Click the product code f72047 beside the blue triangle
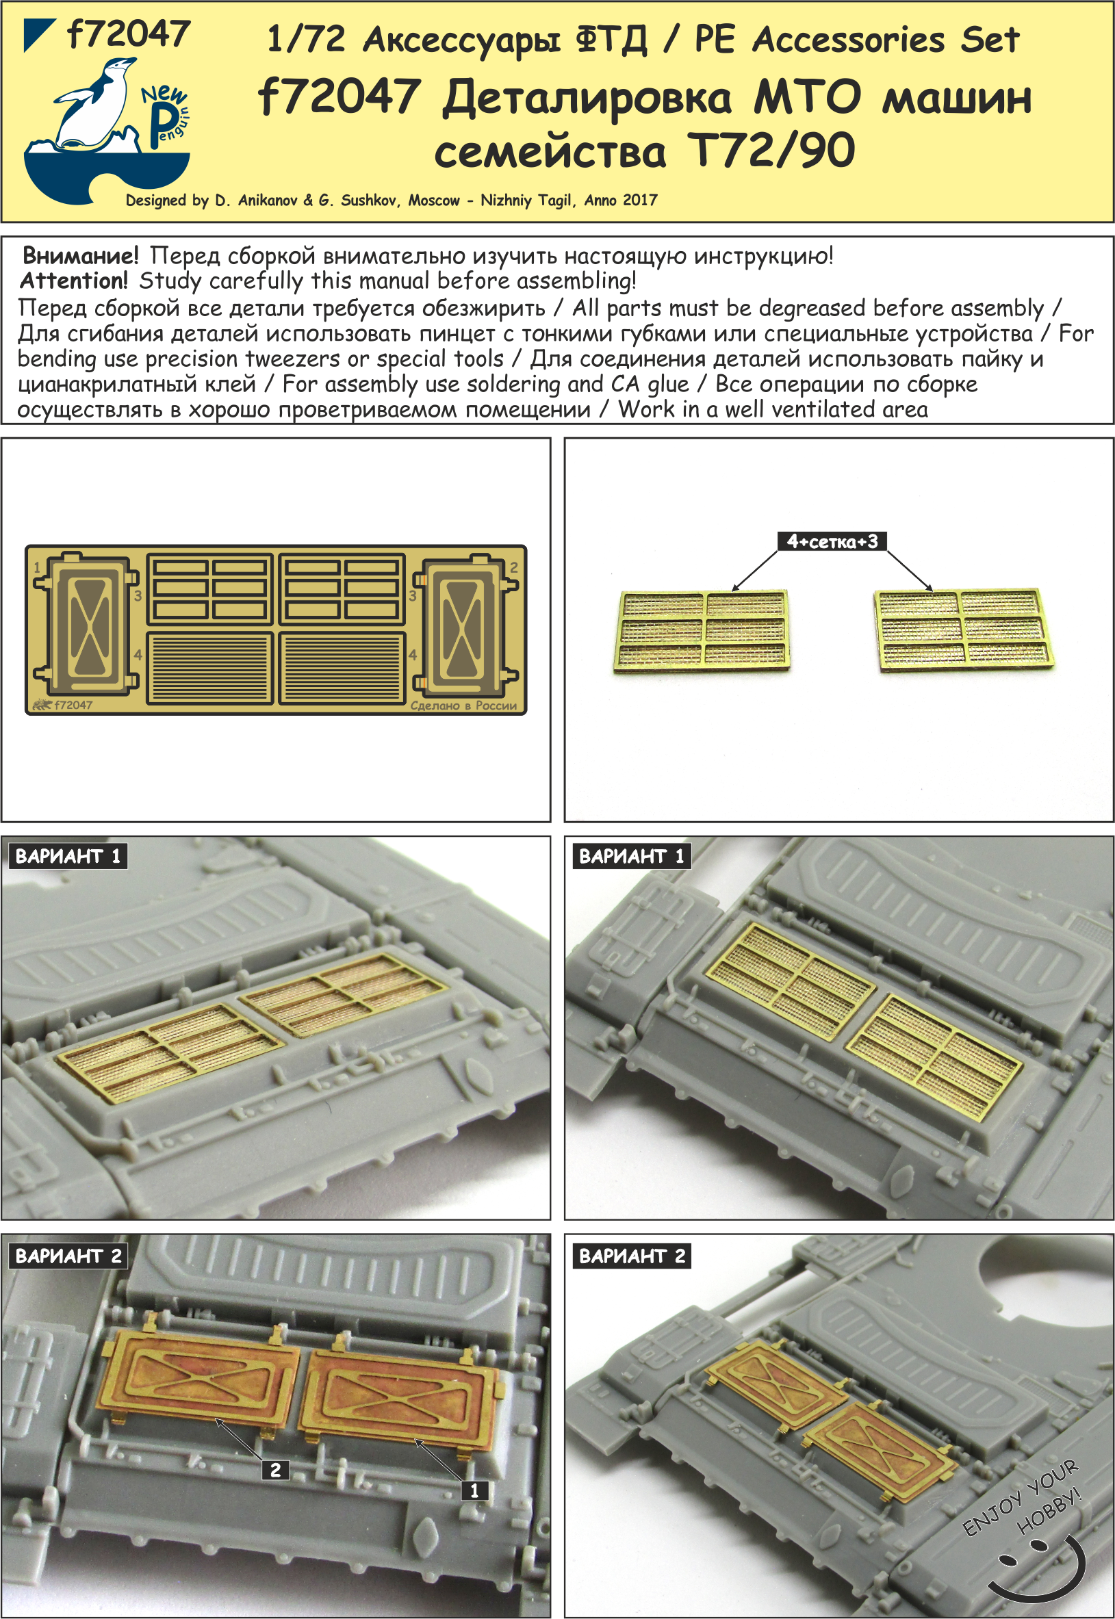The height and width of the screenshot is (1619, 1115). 129,34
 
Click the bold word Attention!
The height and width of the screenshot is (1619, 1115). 74,281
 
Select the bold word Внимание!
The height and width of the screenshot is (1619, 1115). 80,256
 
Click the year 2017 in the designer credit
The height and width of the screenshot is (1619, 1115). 640,200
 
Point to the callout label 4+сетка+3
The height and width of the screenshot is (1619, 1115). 832,541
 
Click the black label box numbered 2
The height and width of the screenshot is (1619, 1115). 275,1470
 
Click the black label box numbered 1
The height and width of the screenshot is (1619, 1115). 474,1490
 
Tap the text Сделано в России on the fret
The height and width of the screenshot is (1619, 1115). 463,705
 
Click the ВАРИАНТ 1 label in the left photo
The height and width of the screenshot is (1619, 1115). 68,856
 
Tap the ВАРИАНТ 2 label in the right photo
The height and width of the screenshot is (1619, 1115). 632,1256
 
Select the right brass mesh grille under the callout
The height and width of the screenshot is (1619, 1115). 966,631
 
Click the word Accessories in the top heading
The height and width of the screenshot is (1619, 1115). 847,40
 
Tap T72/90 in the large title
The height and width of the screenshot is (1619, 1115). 771,151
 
